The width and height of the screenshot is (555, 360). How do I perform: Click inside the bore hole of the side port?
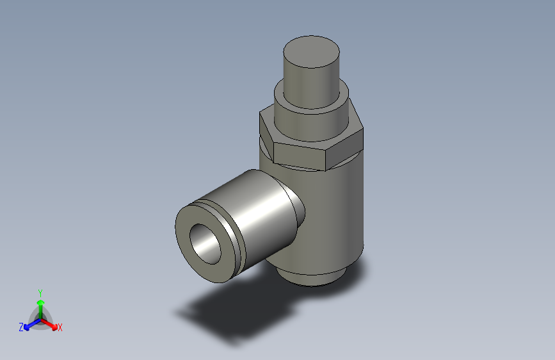click(x=206, y=242)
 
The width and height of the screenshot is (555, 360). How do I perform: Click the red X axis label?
click(x=60, y=327)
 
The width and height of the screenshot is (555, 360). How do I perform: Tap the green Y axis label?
click(x=40, y=291)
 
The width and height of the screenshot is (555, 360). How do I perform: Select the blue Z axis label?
click(x=21, y=327)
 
